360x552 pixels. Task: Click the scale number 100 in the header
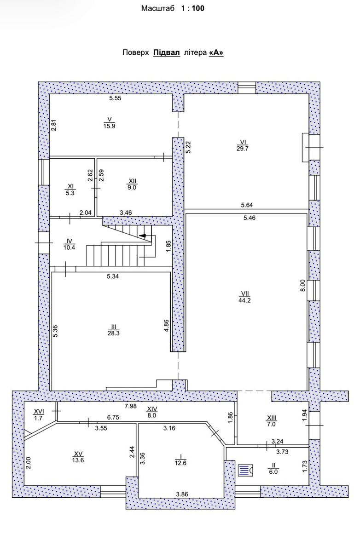[x=198, y=8]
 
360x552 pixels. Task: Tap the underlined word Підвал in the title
[x=167, y=53]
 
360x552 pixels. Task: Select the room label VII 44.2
[x=244, y=297]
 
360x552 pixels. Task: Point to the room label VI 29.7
[x=243, y=145]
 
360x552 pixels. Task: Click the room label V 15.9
[x=109, y=123]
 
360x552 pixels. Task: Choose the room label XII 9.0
[x=132, y=184]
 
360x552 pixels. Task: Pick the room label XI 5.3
[x=70, y=190]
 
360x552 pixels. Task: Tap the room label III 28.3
[x=113, y=330]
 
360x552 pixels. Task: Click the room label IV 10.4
[x=69, y=244]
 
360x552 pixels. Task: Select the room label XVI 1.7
[x=39, y=414]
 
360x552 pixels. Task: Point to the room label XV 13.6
[x=78, y=457]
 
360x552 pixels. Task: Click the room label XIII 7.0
[x=272, y=421]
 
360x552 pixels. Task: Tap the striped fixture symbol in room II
[x=245, y=470]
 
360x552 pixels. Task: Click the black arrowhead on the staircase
[x=143, y=236]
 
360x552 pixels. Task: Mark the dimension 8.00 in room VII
[x=302, y=285]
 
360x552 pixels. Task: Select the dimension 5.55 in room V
[x=115, y=98]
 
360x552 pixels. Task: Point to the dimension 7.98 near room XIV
[x=130, y=406]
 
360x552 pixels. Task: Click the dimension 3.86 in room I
[x=182, y=494]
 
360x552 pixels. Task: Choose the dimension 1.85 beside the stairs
[x=168, y=247]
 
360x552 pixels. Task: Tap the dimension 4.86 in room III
[x=167, y=326]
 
